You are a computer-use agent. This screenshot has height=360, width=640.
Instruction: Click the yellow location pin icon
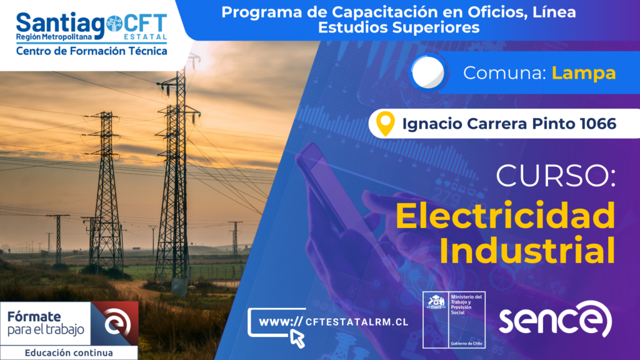pos(385,123)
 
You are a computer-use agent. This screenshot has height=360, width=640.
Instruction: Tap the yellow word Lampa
pos(584,73)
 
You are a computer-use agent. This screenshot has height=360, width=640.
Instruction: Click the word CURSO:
pos(556,176)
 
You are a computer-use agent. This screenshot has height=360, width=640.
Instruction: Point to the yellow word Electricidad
pos(505,215)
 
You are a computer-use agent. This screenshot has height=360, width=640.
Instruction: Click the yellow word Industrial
pos(527,250)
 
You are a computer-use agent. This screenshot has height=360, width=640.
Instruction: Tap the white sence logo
pos(555,319)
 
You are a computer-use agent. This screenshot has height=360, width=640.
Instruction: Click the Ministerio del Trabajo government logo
pos(454,319)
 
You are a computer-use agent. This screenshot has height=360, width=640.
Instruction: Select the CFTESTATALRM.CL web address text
pos(357,322)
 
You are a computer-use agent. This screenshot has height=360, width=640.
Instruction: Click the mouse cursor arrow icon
pos(297,339)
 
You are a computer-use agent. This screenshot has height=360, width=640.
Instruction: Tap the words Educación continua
pos(69,352)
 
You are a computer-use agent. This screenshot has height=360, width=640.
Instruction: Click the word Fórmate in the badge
pos(34,316)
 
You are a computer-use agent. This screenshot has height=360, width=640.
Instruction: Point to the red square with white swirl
pos(115,324)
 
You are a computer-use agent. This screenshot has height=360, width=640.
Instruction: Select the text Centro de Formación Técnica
pos(91,51)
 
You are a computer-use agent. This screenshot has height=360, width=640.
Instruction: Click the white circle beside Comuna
pos(427,72)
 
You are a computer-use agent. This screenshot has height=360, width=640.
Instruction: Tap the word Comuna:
pos(504,73)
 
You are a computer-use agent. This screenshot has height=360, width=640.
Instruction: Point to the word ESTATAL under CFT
pos(145,37)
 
